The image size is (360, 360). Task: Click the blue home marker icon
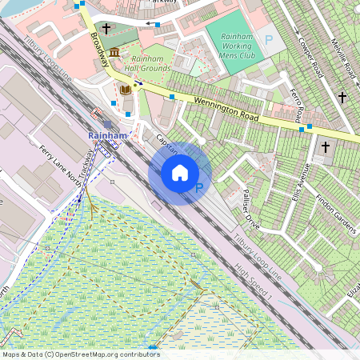(180, 173)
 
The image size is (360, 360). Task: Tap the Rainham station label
(108, 137)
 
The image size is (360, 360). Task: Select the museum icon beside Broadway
(114, 53)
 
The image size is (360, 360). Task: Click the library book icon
(125, 90)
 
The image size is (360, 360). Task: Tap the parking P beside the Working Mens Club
(269, 38)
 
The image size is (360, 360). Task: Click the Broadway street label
(99, 48)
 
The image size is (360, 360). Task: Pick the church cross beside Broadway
(107, 29)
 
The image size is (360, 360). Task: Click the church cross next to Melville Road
(342, 97)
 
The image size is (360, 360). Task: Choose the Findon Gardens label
(336, 211)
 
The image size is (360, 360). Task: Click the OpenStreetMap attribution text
(81, 354)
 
